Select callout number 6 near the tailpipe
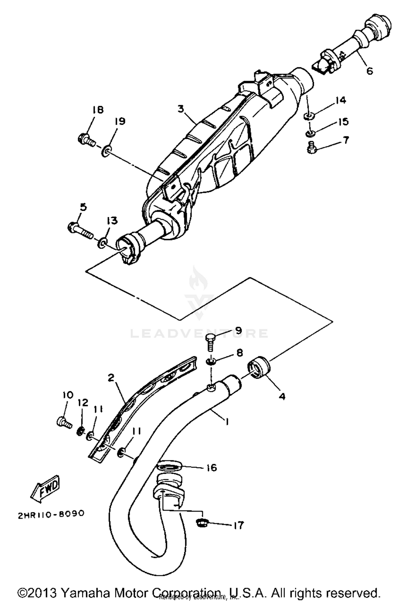pyautogui.click(x=369, y=71)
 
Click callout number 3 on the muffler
pyautogui.click(x=181, y=109)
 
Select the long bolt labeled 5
pyautogui.click(x=80, y=230)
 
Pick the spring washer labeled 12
pyautogui.click(x=81, y=431)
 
